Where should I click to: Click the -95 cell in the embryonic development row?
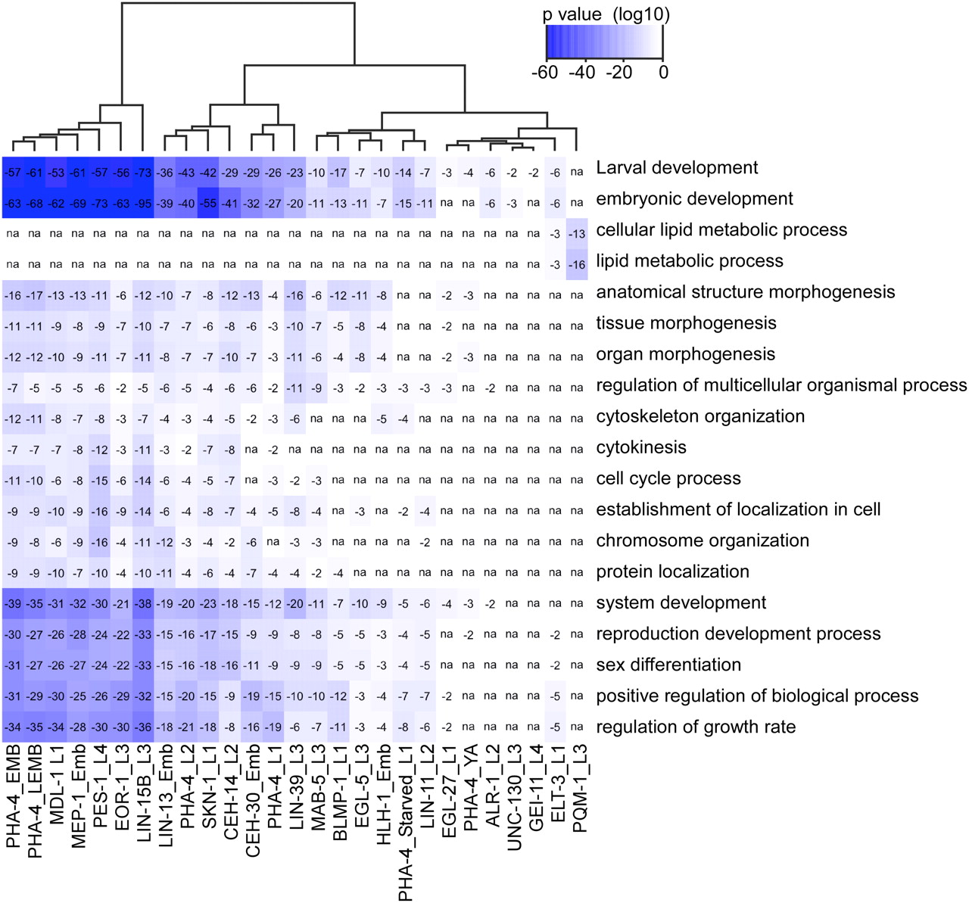(x=142, y=204)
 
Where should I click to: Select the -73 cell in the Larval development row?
(x=142, y=173)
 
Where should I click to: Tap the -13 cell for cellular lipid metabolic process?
(x=577, y=234)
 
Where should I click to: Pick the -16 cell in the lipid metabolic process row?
(x=577, y=265)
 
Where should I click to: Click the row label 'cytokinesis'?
(x=641, y=447)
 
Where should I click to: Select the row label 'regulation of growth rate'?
(x=696, y=727)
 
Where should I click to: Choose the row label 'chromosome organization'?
(x=703, y=540)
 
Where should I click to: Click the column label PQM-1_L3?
(x=580, y=788)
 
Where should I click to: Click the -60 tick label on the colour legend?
(x=545, y=73)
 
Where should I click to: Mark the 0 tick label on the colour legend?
(x=663, y=73)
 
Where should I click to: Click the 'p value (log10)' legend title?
(x=606, y=14)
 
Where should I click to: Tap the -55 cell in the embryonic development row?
(x=207, y=204)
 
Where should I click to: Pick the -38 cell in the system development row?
(x=142, y=603)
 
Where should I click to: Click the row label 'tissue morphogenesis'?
(x=686, y=323)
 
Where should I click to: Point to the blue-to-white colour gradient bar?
(x=604, y=42)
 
